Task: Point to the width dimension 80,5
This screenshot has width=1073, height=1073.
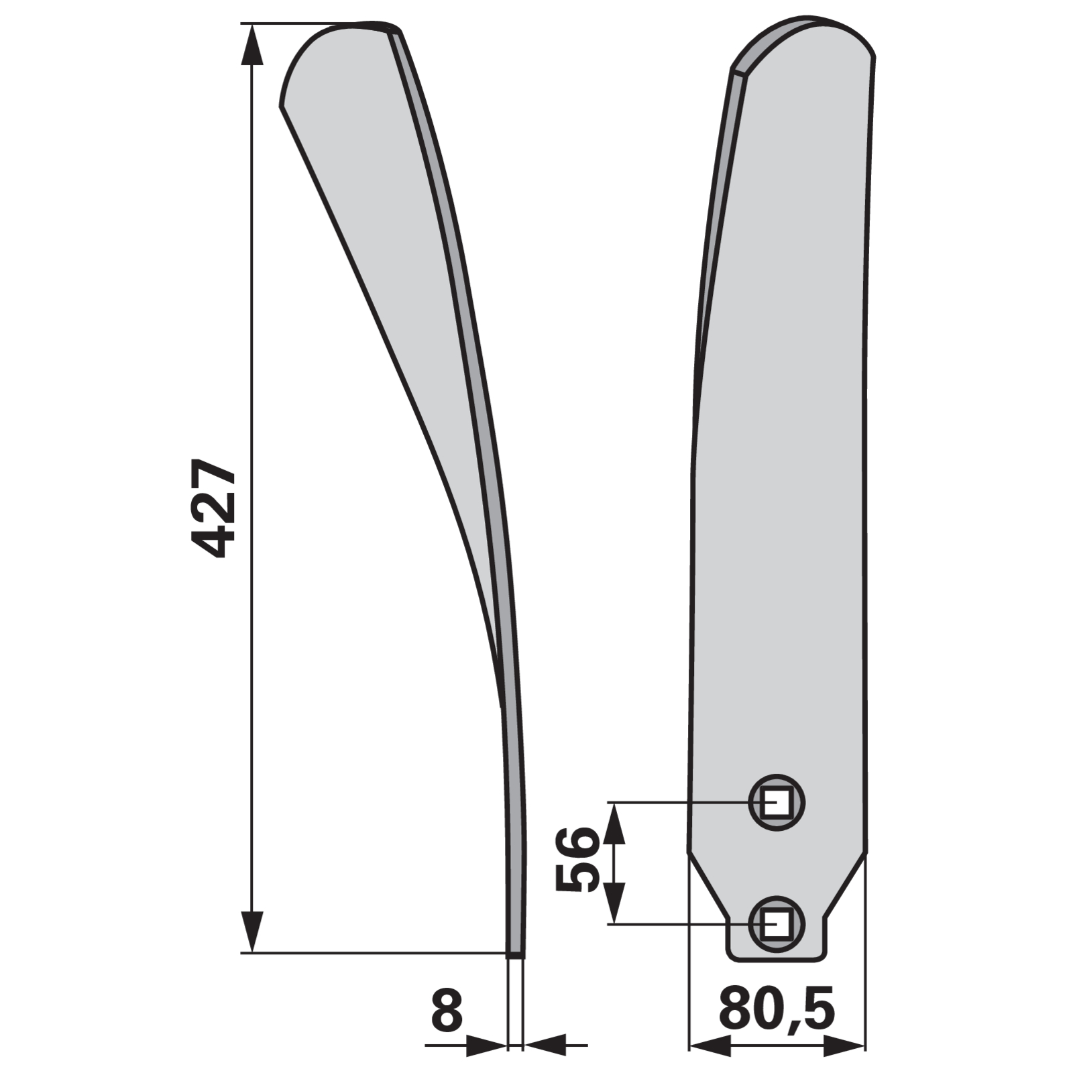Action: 777,1009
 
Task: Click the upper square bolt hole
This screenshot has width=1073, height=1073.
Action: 777,802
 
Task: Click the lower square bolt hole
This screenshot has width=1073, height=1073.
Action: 777,923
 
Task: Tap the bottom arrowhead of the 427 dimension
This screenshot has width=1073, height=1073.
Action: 252,931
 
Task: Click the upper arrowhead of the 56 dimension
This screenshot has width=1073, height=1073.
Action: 614,823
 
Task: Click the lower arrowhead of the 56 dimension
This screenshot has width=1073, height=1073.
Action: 614,903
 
